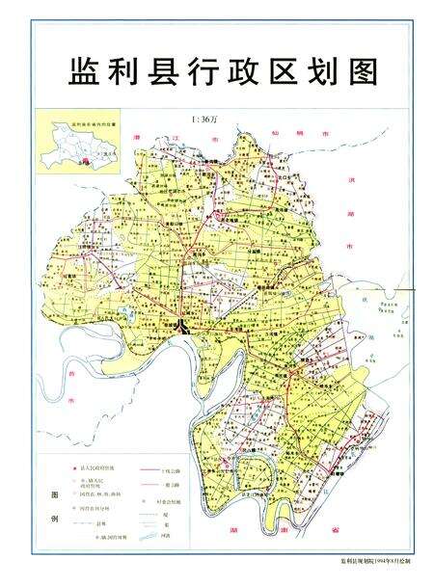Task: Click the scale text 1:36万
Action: point(205,120)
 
